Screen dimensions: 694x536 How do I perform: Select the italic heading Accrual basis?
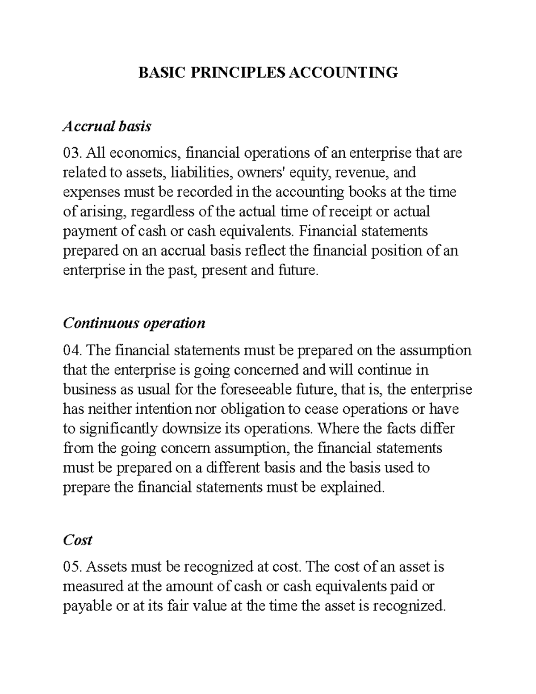pyautogui.click(x=107, y=126)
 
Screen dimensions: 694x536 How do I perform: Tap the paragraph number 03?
pyautogui.click(x=72, y=153)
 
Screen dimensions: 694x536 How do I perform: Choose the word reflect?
pyautogui.click(x=266, y=251)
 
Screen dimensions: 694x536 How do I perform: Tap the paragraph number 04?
pyautogui.click(x=72, y=350)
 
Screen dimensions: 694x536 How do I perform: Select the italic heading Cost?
pyautogui.click(x=77, y=540)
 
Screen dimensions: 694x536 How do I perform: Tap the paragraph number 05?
pyautogui.click(x=72, y=567)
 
